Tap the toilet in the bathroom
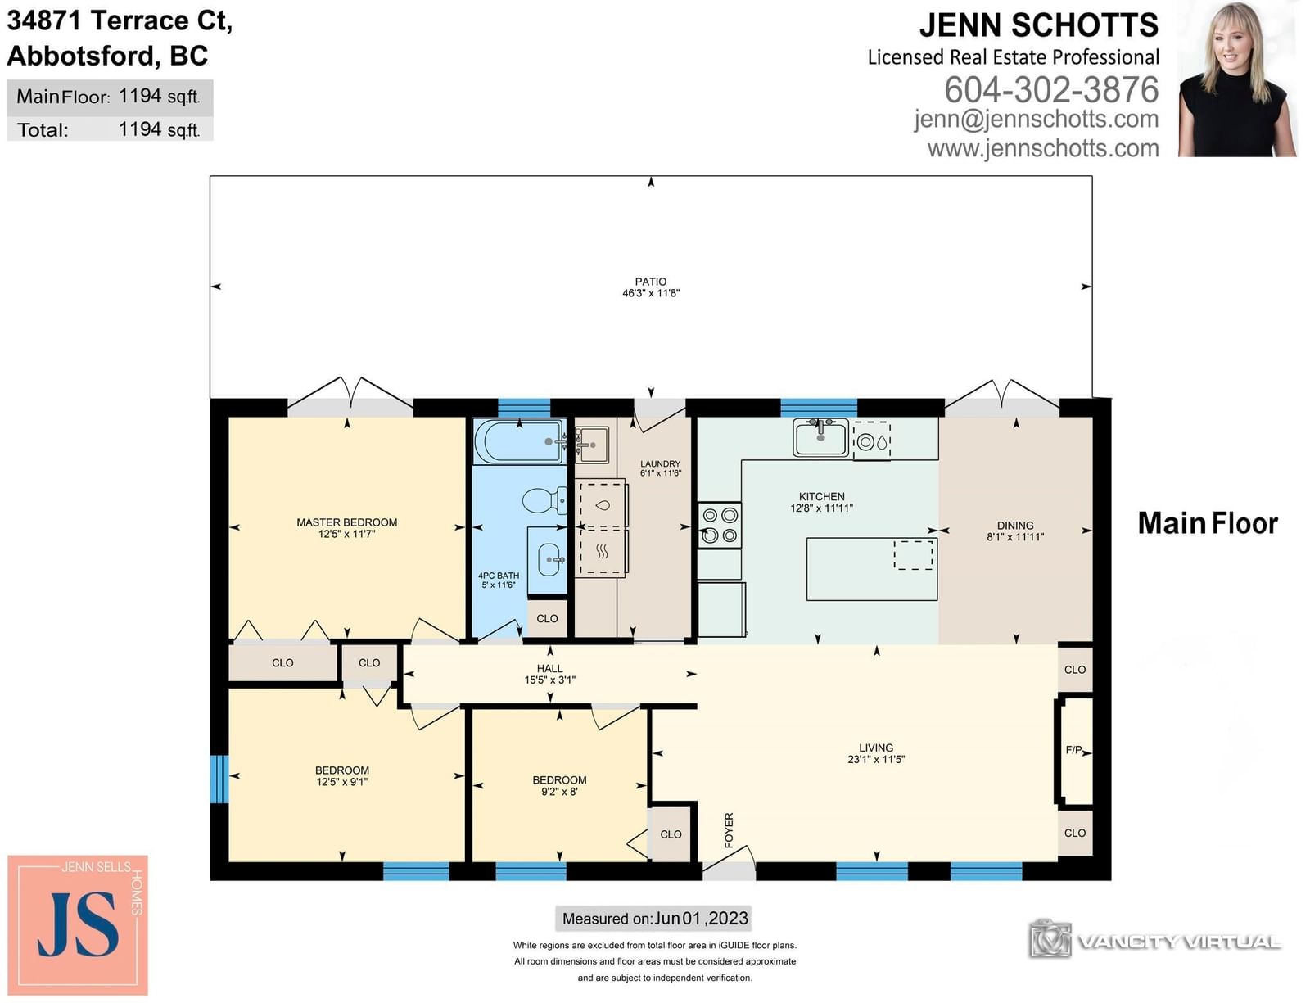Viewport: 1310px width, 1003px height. [x=544, y=501]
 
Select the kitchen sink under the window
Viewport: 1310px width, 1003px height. [x=820, y=436]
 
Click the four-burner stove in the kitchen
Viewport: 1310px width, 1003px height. [x=720, y=525]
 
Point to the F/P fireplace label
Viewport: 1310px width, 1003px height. [x=1073, y=750]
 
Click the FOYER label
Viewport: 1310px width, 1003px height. [x=729, y=830]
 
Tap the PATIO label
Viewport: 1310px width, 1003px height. [x=650, y=282]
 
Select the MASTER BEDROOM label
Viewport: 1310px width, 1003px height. [x=346, y=522]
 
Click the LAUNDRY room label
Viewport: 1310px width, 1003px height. [x=660, y=463]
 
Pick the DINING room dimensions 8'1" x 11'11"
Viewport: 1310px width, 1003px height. [x=1015, y=537]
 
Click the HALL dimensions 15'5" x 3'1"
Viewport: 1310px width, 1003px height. [x=550, y=680]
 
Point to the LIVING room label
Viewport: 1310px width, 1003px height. [x=876, y=748]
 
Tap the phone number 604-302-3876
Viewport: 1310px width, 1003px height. [x=1050, y=90]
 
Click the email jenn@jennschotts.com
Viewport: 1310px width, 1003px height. [x=1036, y=120]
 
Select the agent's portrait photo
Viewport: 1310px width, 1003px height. [x=1238, y=79]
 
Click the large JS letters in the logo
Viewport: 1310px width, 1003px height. [x=79, y=924]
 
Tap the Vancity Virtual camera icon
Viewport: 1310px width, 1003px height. [x=1050, y=937]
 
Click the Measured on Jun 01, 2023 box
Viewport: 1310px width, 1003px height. [x=653, y=919]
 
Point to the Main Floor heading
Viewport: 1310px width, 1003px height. [x=1208, y=523]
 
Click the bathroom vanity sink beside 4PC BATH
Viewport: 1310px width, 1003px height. [x=548, y=560]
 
